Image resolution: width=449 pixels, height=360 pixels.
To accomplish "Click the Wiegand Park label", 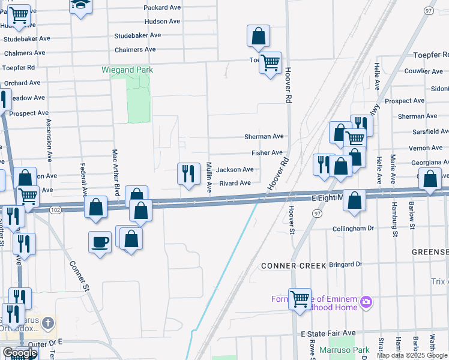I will point(127,70).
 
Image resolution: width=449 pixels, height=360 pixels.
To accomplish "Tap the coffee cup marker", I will point(100,242).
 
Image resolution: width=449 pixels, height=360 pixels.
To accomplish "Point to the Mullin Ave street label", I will point(209,178).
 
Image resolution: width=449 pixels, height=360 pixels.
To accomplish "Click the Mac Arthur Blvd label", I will point(114,171).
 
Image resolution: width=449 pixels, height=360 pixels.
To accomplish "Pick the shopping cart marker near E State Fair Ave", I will point(300,297).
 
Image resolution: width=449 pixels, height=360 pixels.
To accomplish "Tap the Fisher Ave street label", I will point(267,153).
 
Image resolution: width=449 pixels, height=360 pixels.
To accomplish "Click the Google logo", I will point(20,353).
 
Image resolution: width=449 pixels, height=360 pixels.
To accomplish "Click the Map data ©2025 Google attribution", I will point(412,355).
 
